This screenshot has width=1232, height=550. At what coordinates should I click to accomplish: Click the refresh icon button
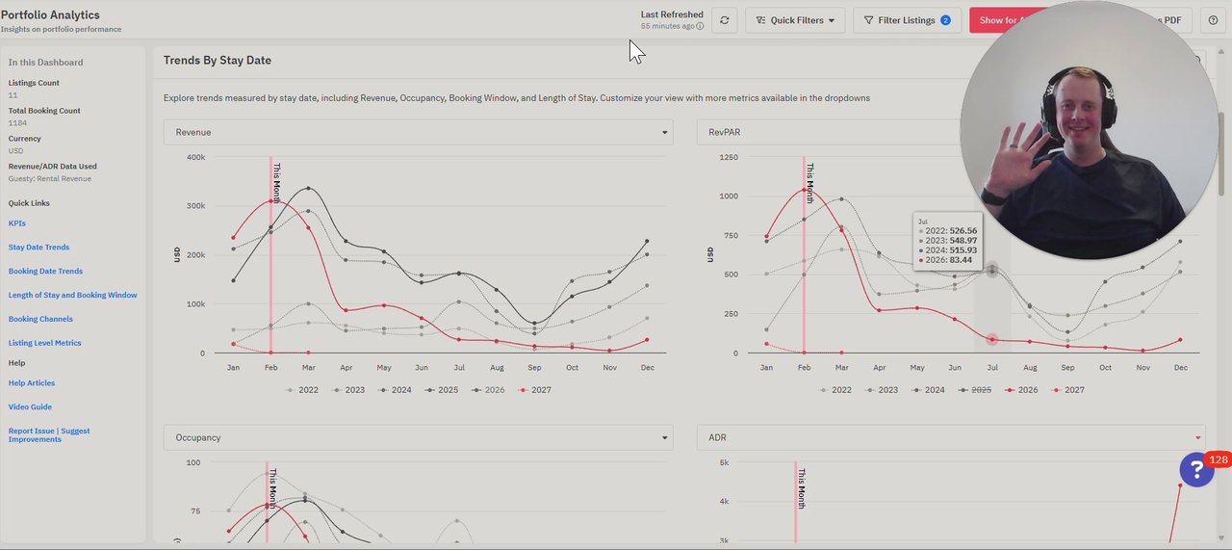(x=725, y=20)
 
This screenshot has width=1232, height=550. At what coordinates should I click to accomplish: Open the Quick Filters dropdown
(x=795, y=20)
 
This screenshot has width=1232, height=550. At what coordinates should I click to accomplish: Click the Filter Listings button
(x=907, y=20)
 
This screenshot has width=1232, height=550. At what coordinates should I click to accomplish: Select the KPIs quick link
(x=17, y=223)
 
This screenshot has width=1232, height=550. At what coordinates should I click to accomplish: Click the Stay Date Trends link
(x=38, y=248)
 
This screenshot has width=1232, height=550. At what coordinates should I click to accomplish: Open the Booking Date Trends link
(x=45, y=272)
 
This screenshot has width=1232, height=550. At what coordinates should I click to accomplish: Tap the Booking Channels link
(x=40, y=319)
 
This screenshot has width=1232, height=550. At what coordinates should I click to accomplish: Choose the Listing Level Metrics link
(x=44, y=343)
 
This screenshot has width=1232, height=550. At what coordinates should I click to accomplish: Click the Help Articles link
(x=32, y=383)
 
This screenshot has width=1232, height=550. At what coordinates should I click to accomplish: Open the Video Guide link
(x=30, y=407)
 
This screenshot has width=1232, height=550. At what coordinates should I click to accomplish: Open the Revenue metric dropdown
(x=418, y=132)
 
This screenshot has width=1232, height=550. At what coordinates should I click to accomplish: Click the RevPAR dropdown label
(x=725, y=132)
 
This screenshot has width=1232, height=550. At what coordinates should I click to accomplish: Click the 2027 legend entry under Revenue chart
(x=535, y=390)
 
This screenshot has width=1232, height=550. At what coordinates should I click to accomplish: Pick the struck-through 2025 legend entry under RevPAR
(x=976, y=390)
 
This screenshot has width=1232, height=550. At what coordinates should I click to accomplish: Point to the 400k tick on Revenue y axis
(x=195, y=157)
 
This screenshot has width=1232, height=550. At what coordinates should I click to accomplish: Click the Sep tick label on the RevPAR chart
(x=1067, y=368)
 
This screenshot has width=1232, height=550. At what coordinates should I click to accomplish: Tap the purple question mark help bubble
(x=1196, y=470)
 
